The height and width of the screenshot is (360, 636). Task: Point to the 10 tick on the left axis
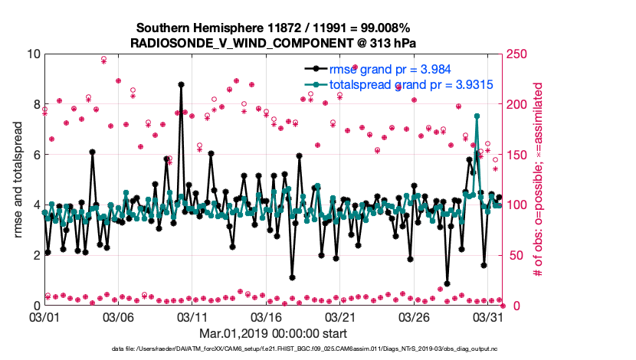(x=31, y=54)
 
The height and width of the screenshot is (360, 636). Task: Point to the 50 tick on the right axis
(x=513, y=255)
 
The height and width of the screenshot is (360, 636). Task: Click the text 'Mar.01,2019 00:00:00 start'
(x=273, y=333)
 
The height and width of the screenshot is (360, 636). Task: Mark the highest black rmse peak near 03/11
(x=181, y=84)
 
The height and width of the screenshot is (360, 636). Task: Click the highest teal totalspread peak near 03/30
(x=477, y=116)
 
